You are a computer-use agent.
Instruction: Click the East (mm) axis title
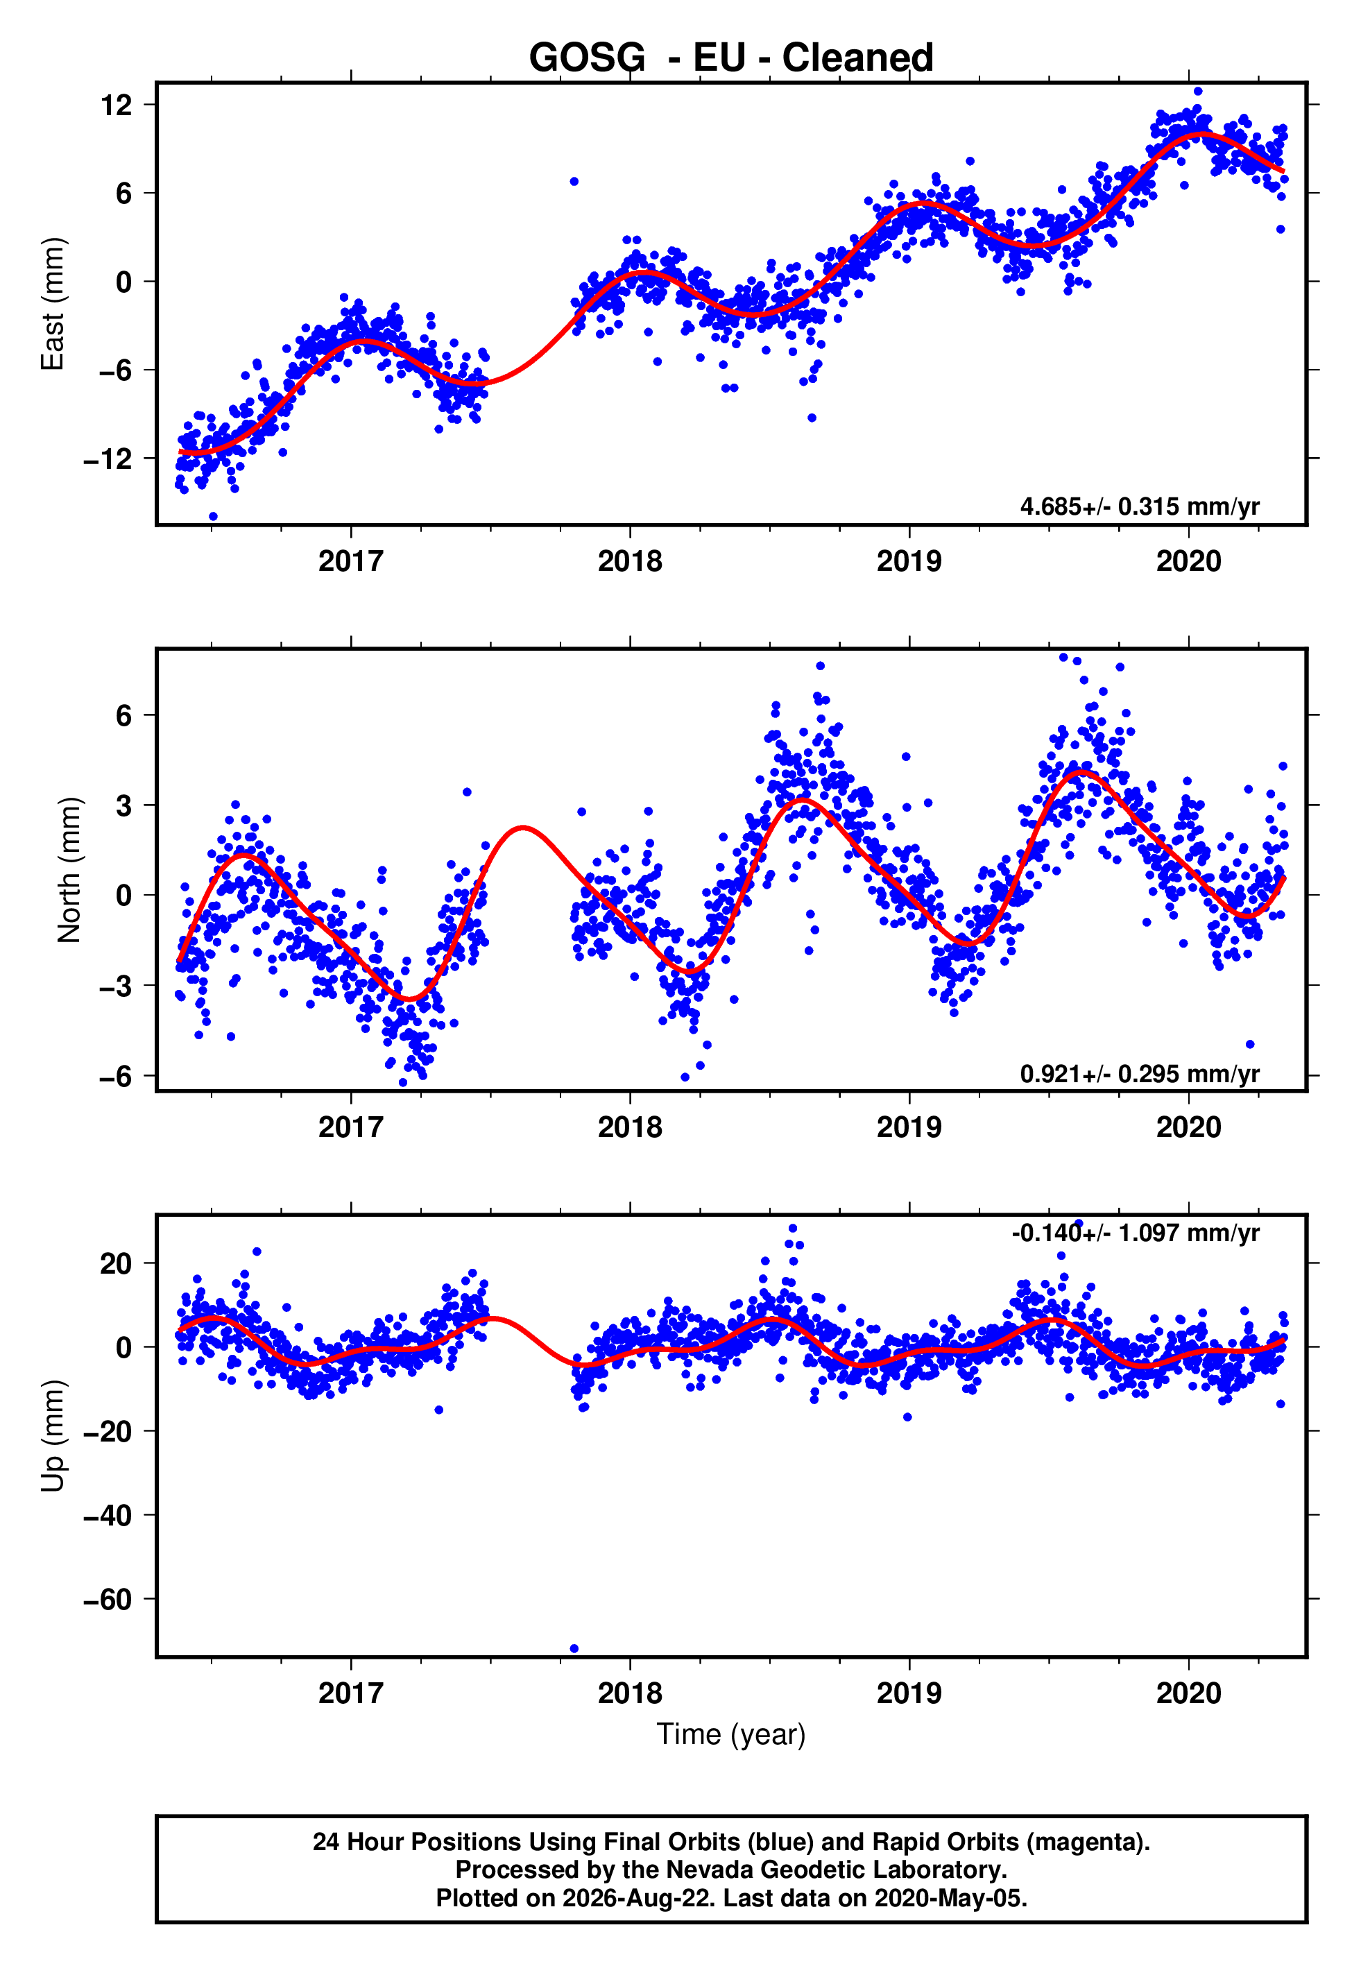point(53,304)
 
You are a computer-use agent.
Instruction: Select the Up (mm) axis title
point(53,1436)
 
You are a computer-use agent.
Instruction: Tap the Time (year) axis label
point(731,1734)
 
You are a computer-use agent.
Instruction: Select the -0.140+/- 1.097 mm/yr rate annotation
point(1135,1233)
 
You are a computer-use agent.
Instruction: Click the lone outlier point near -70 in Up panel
point(574,1649)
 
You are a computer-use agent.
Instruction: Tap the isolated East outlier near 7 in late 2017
point(574,182)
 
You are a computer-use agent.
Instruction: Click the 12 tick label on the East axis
point(116,105)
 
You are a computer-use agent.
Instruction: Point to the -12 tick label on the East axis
point(108,459)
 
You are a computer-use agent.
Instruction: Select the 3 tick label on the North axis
point(124,805)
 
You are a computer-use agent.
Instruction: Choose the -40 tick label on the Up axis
point(108,1516)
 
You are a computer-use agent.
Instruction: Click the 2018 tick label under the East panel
point(629,561)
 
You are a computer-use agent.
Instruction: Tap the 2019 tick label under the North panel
point(909,1127)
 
